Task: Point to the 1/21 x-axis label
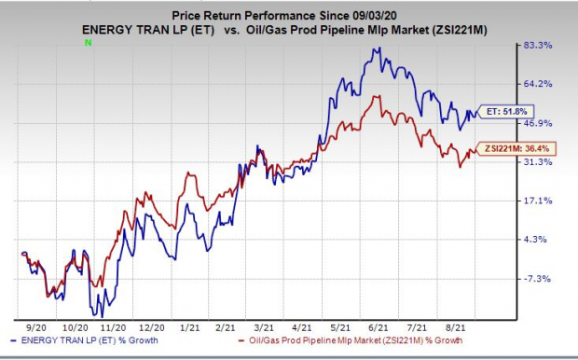click(x=190, y=329)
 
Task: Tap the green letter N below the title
click(x=88, y=43)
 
